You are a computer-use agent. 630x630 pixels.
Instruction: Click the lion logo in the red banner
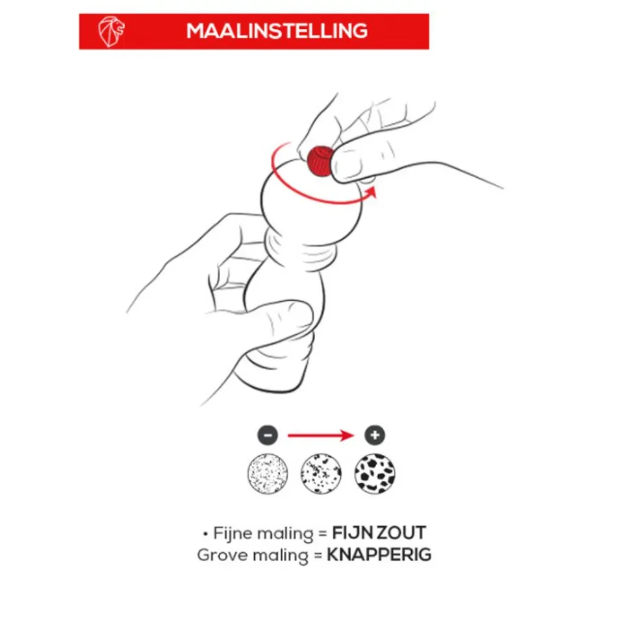111,31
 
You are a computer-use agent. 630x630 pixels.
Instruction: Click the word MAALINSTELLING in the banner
277,31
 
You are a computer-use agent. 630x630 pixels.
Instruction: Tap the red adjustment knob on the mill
320,162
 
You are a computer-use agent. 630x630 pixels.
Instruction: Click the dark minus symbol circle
268,435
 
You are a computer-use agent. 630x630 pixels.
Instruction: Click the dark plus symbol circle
375,435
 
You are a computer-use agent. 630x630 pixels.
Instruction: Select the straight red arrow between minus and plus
321,435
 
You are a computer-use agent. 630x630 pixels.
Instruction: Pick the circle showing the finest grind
268,473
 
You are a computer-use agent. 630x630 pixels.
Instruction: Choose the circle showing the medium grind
321,473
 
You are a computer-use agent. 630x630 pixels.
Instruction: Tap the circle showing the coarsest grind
375,473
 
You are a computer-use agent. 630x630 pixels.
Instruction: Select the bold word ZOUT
401,533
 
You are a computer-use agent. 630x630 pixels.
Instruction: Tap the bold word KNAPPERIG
379,555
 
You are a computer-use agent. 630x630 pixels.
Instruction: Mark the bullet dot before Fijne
206,535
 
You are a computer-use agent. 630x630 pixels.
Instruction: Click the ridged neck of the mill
299,249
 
